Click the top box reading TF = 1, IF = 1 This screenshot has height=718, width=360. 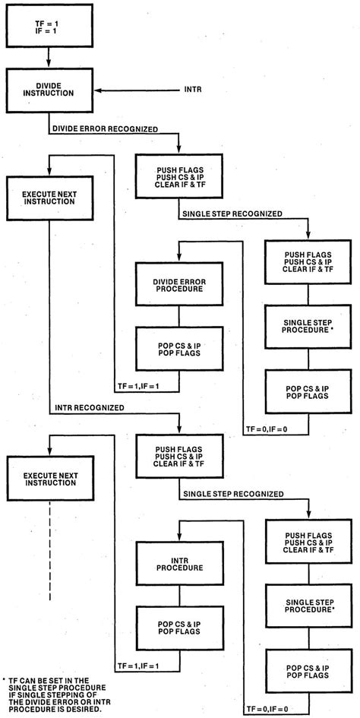pos(47,26)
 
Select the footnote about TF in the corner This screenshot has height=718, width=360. pos(47,694)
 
